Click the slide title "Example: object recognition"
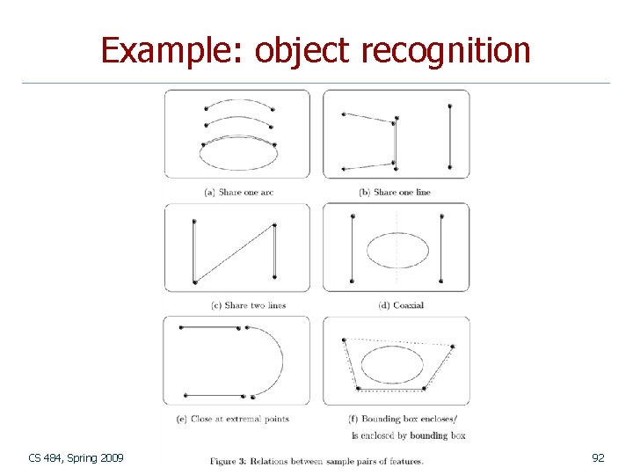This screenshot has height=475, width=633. coord(316,50)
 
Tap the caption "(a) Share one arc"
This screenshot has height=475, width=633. coord(238,192)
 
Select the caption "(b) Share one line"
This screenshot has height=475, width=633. coord(395,192)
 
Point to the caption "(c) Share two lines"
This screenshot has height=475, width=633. coord(249,305)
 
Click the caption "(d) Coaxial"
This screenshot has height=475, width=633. coord(400,305)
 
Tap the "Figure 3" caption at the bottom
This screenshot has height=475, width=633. coord(316,461)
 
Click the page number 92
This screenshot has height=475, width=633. coord(598,457)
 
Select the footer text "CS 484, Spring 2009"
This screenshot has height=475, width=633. coord(76,457)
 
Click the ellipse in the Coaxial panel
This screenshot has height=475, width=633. coord(397,250)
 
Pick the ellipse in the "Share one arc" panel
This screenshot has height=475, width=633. coord(238,155)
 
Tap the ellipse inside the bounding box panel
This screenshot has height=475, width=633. coord(393,363)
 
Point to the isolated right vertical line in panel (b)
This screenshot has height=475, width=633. coord(449,135)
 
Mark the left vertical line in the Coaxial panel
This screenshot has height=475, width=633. coord(352,248)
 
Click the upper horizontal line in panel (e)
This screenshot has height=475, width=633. coord(210,328)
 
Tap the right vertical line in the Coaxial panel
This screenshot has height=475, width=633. coord(441,248)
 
